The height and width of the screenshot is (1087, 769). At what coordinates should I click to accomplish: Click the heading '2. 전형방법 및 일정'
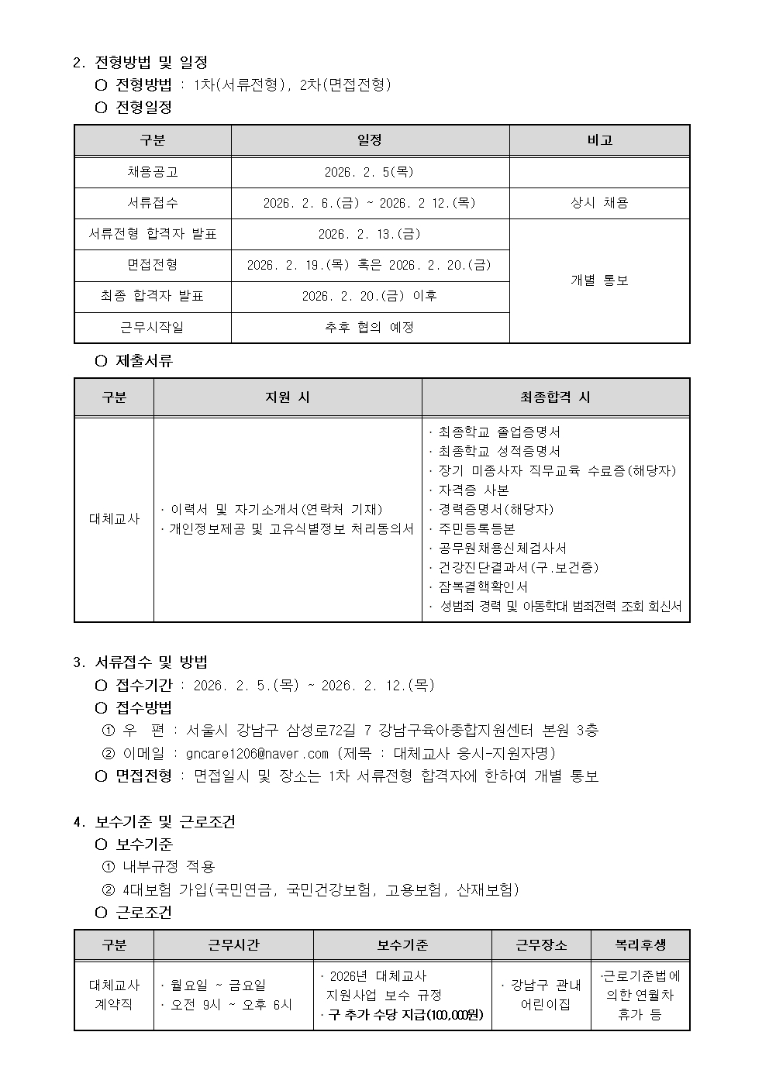140,62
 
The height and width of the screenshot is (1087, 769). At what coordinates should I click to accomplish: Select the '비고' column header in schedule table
599,140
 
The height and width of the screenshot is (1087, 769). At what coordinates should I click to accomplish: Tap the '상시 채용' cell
599,203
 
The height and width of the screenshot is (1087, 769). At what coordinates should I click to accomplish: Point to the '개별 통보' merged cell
599,280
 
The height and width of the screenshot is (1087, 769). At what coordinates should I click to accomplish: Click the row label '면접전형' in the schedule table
152,265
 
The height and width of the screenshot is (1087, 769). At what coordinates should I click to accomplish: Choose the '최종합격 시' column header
555,397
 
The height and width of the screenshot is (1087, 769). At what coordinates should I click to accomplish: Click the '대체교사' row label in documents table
114,519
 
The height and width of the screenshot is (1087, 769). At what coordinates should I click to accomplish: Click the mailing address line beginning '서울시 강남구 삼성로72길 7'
392,730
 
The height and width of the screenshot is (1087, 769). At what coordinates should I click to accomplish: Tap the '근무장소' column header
541,944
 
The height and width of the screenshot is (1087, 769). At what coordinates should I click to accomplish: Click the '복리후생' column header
640,944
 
